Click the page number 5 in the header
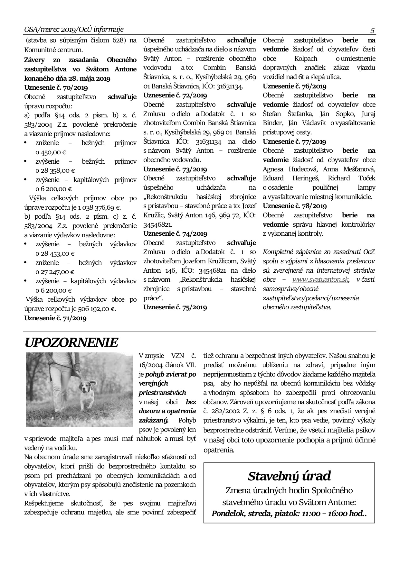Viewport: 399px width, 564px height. pyautogui.click(x=372, y=31)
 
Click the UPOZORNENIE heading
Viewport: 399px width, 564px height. pyautogui.click(x=71, y=343)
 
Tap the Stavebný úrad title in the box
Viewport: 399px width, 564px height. pyautogui.click(x=289, y=476)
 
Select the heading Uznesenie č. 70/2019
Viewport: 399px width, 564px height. pyautogui.click(x=56, y=87)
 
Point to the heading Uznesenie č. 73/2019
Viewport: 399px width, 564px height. pyautogui.click(x=175, y=169)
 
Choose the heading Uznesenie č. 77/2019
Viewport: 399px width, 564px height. pyautogui.click(x=294, y=141)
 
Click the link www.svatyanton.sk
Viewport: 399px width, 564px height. pyautogui.click(x=320, y=279)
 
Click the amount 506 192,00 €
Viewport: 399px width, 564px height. pyautogui.click(x=96, y=309)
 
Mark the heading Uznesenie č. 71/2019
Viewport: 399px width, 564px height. pyautogui.click(x=55, y=318)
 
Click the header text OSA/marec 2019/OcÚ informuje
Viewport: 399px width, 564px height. pyautogui.click(x=74, y=30)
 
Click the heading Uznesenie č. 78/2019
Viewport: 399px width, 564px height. pyautogui.click(x=294, y=206)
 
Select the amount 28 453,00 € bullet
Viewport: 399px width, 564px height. pyautogui.click(x=55, y=253)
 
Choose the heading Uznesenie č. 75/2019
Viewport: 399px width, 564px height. pyautogui.click(x=175, y=307)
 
